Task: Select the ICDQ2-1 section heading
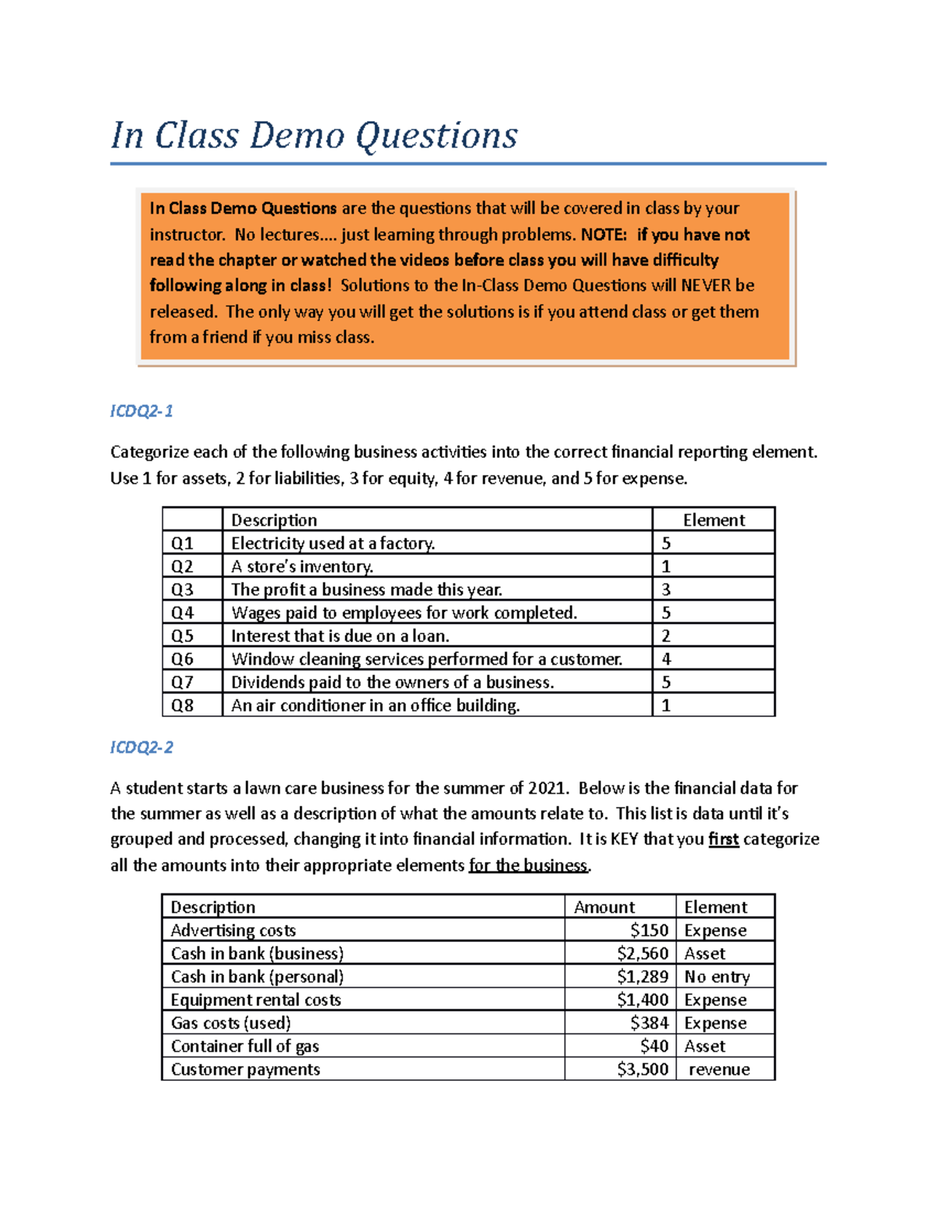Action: (141, 411)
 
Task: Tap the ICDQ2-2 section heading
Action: (141, 747)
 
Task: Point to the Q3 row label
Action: (183, 590)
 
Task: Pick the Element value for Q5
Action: (666, 636)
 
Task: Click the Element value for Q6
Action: (666, 659)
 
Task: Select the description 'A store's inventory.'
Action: (302, 566)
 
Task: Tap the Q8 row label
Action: (183, 705)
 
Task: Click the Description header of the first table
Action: (274, 520)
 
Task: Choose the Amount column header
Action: (604, 907)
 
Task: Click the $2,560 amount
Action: (643, 954)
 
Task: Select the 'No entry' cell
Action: (717, 977)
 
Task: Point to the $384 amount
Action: (650, 1023)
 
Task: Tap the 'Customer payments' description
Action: (245, 1069)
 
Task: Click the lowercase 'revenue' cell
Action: (719, 1069)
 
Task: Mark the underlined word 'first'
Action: (723, 840)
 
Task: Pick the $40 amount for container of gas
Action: (654, 1047)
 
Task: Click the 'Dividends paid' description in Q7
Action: (392, 683)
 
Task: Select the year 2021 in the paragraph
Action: (547, 788)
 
